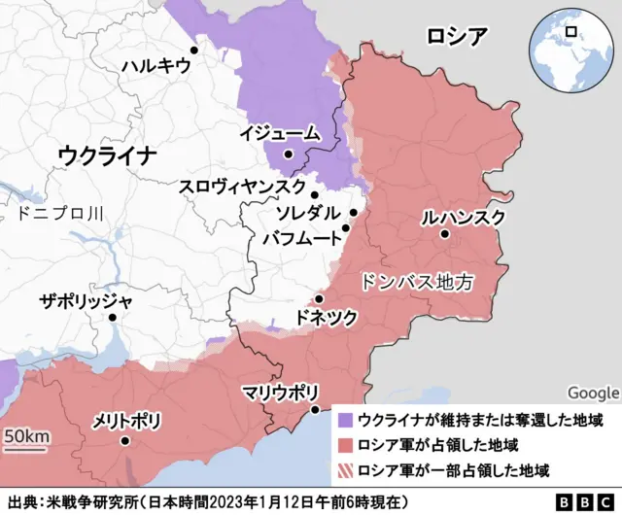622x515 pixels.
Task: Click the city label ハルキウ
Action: (x=155, y=67)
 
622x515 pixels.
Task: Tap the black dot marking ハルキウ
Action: (x=194, y=50)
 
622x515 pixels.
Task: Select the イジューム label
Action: (x=280, y=133)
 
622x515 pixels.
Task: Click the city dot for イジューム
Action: (x=288, y=154)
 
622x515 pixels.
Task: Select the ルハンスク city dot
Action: (x=444, y=234)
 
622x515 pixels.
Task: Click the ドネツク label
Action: (x=327, y=318)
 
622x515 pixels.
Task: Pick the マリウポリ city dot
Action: (x=314, y=410)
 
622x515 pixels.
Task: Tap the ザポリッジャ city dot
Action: (x=113, y=317)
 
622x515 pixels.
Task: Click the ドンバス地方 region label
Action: (x=416, y=282)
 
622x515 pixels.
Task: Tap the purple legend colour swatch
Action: (x=344, y=420)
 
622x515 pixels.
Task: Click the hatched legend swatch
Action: (x=344, y=470)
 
